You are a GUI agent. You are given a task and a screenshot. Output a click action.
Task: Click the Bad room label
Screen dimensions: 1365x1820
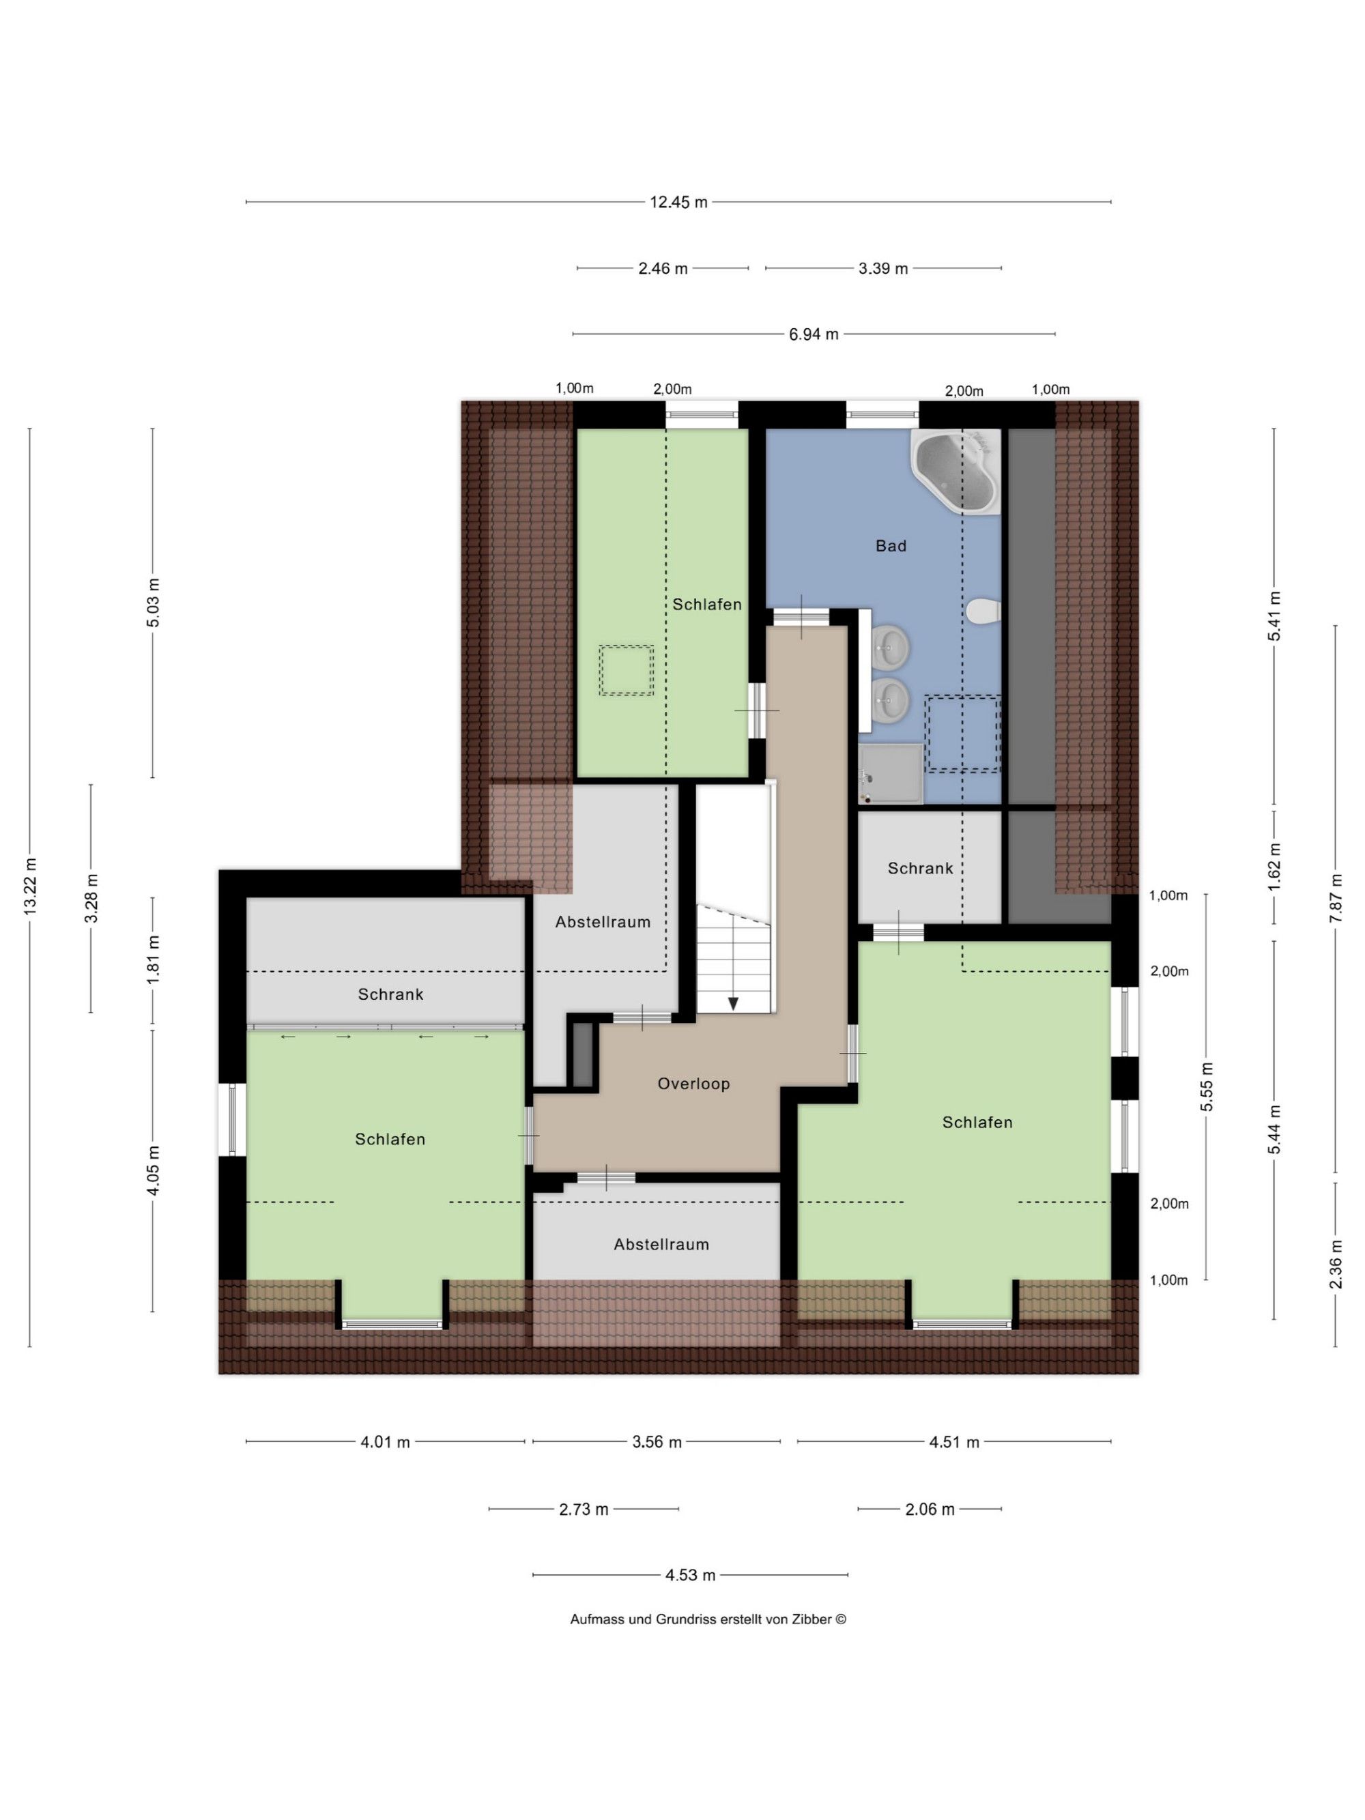(x=890, y=545)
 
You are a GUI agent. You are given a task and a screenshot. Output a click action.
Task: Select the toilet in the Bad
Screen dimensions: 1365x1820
(x=984, y=611)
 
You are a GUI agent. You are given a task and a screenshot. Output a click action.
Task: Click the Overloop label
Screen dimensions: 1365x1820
(x=693, y=1084)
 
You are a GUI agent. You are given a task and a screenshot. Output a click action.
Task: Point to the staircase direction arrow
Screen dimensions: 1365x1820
(x=732, y=1002)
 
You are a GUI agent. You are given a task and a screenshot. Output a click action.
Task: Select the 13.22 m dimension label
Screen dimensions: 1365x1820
(x=31, y=886)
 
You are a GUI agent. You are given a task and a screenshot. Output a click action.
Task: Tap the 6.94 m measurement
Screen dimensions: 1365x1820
(x=814, y=334)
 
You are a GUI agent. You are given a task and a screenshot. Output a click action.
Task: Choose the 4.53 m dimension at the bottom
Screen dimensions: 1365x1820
(x=690, y=1575)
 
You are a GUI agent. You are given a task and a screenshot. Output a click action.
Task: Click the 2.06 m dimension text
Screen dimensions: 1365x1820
(x=930, y=1509)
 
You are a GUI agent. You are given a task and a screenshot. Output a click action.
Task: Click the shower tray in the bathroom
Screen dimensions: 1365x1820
(x=890, y=773)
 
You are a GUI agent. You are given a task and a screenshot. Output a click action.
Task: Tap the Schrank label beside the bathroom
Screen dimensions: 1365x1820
(x=920, y=868)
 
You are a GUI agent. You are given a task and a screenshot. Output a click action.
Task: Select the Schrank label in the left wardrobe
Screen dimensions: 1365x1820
(x=390, y=994)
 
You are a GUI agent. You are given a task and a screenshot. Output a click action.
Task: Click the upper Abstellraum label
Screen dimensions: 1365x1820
(x=602, y=921)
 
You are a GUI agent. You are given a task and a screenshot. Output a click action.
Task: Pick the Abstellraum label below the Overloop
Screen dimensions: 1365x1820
(x=661, y=1244)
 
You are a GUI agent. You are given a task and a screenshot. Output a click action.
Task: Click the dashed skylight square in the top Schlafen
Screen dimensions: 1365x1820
(x=626, y=669)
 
